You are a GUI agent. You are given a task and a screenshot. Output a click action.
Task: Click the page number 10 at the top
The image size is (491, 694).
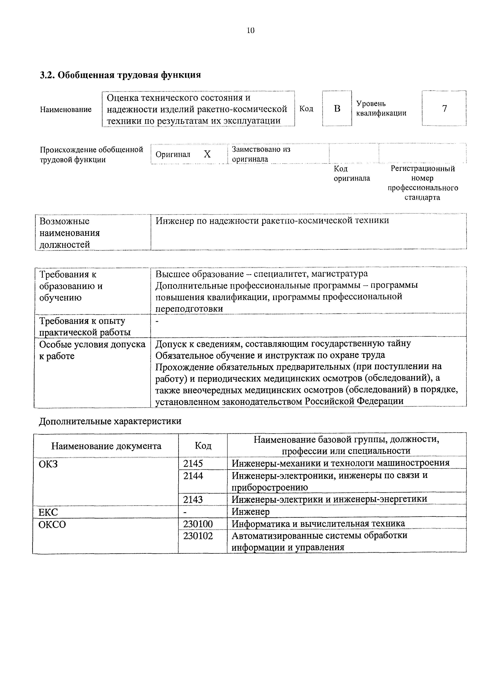251,30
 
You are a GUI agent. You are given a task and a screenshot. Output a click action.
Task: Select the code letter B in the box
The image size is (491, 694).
337,109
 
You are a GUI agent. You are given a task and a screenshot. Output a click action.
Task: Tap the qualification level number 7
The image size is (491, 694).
444,109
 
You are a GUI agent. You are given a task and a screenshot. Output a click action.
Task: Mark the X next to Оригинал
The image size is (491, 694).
207,155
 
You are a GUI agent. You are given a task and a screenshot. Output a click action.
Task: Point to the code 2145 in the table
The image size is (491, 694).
193,463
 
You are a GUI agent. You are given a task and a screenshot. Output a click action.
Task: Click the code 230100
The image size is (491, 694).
198,523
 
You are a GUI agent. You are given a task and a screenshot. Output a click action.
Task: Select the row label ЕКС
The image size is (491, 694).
48,512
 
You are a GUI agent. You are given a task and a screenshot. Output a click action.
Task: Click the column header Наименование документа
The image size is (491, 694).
106,446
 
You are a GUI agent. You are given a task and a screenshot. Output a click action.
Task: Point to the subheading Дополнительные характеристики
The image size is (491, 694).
110,421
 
